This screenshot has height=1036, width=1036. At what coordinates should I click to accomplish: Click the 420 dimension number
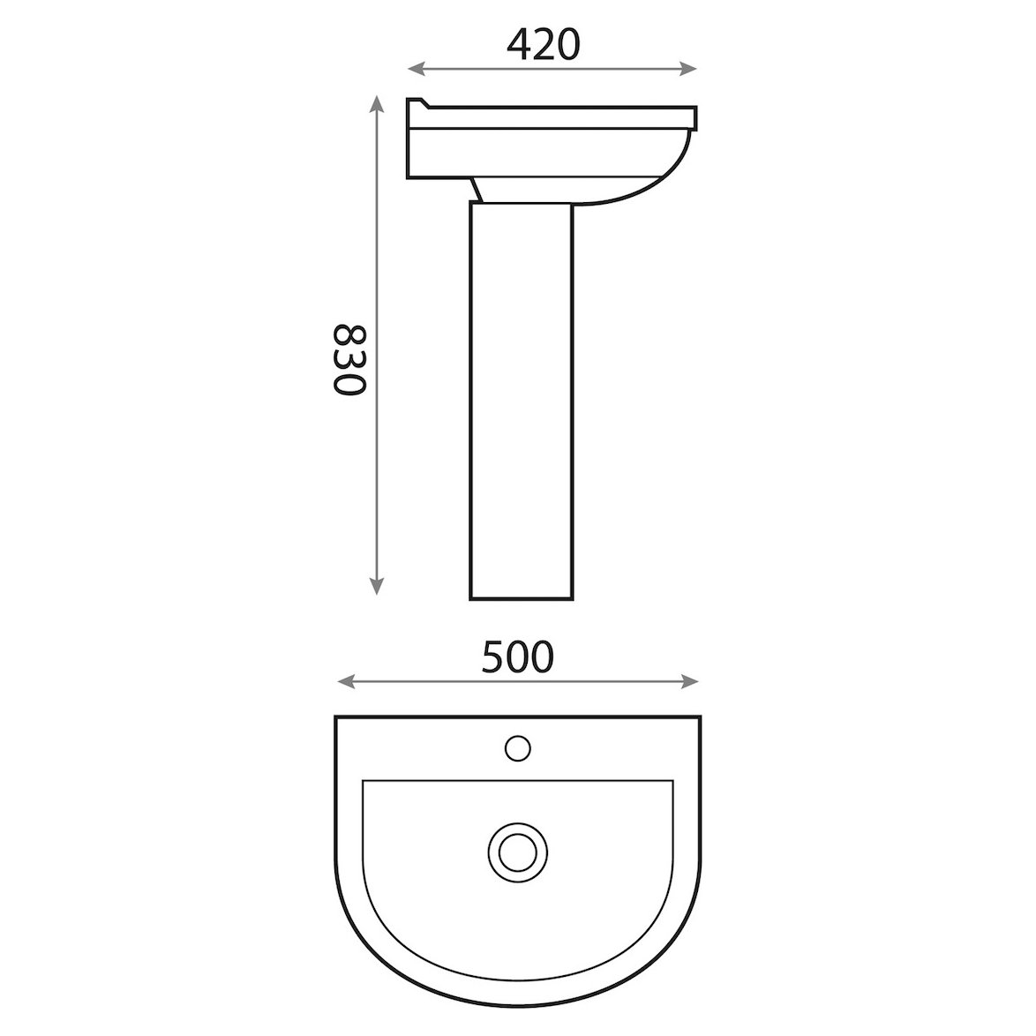(x=544, y=44)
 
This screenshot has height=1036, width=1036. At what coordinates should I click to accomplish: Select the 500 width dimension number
(x=519, y=657)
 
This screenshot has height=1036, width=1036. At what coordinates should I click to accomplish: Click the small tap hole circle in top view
(x=518, y=747)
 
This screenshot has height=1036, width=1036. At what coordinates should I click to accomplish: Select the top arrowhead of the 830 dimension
(x=377, y=102)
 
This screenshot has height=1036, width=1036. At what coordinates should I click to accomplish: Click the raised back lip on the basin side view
(x=417, y=103)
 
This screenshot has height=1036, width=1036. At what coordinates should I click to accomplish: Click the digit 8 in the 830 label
(x=348, y=334)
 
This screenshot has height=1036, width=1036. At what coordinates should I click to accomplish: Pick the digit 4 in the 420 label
(x=521, y=44)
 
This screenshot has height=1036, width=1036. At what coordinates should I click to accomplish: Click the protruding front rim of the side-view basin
(x=692, y=117)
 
